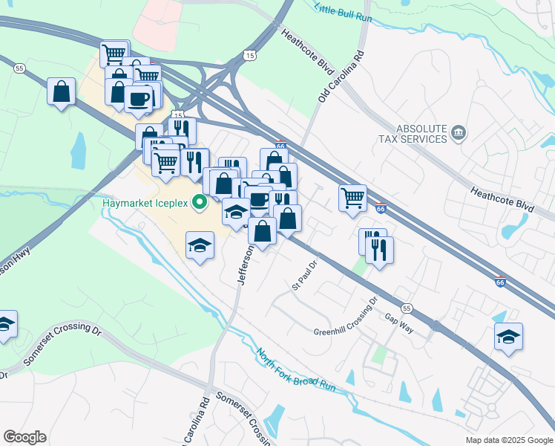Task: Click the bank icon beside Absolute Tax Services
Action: (x=459, y=133)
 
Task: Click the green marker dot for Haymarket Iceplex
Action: (x=199, y=201)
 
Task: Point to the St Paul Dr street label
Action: (x=305, y=274)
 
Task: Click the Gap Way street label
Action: (x=398, y=317)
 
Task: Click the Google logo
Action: (x=24, y=437)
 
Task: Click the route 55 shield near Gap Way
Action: (x=406, y=308)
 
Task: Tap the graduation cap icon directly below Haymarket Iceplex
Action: (x=200, y=246)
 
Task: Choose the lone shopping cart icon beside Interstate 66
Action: (x=352, y=198)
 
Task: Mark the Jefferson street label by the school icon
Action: (x=246, y=263)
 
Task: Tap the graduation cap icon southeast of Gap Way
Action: (x=508, y=336)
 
